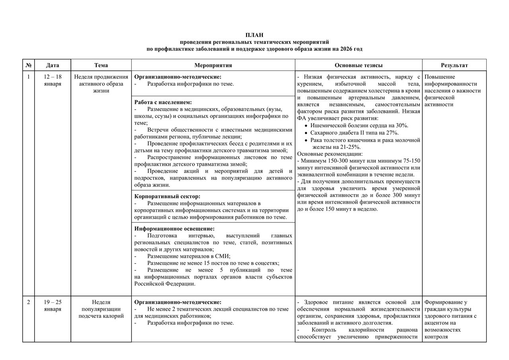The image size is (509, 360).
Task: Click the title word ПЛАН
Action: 254,35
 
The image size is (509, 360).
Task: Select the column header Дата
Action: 52,65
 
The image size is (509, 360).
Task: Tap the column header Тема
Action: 101,65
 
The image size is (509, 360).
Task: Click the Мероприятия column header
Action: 213,65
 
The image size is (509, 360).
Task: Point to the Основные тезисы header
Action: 358,65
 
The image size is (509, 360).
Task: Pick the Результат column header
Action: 454,65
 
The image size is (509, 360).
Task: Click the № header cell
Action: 28,65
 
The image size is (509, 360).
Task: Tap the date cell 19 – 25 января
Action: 52,306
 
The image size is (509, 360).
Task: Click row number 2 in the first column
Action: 28,302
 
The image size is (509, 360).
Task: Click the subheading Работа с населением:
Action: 163,102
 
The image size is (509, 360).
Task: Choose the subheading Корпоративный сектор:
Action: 167,196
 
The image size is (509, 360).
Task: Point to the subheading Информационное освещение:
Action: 175,229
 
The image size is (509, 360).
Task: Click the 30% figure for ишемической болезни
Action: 402,125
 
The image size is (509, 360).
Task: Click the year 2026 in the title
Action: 346,49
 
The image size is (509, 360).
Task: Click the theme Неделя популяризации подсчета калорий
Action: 101,309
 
